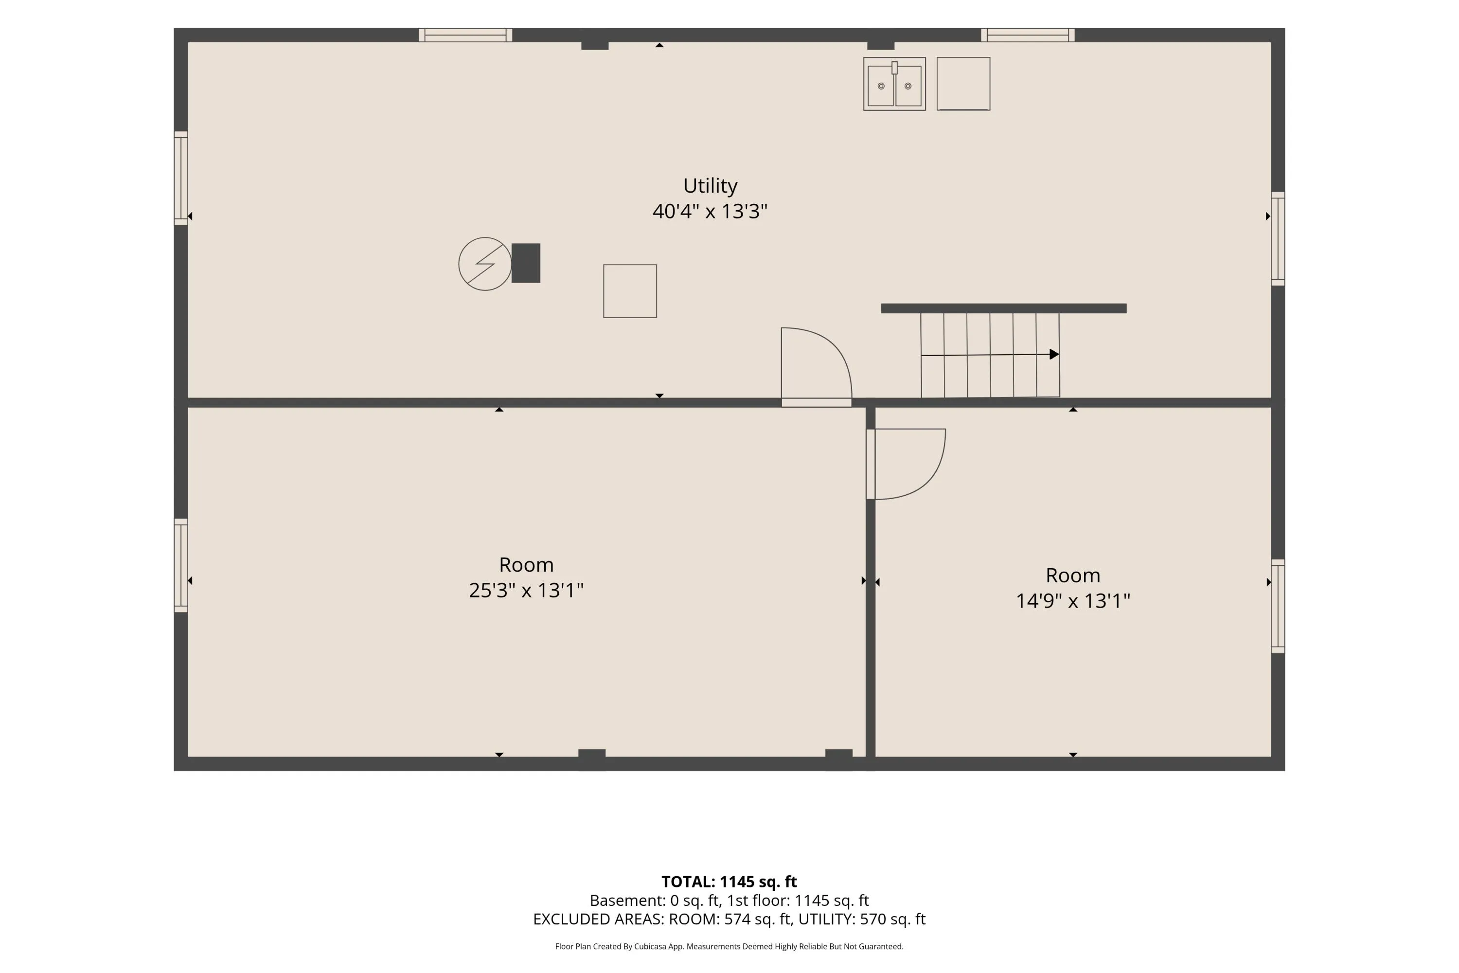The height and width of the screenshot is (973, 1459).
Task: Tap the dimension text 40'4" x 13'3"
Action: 710,212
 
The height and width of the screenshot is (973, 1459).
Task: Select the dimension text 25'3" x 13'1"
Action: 526,590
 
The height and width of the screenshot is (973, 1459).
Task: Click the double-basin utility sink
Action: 894,84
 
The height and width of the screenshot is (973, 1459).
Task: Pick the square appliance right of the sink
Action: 963,84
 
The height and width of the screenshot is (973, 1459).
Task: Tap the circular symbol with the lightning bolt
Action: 484,264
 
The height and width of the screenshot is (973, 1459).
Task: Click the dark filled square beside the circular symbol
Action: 526,263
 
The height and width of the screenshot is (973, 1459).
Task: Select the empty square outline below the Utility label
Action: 630,291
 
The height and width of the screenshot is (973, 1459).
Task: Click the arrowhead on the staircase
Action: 1054,354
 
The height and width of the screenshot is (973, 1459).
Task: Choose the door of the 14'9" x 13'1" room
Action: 906,464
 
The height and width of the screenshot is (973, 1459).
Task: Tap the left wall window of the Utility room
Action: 180,178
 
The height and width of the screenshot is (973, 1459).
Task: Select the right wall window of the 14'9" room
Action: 1278,606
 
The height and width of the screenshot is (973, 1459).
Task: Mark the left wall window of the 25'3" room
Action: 180,565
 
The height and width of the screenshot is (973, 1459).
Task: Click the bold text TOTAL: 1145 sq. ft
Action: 729,882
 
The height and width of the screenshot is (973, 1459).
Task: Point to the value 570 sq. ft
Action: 892,919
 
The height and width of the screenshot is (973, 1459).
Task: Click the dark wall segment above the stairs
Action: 1004,308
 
